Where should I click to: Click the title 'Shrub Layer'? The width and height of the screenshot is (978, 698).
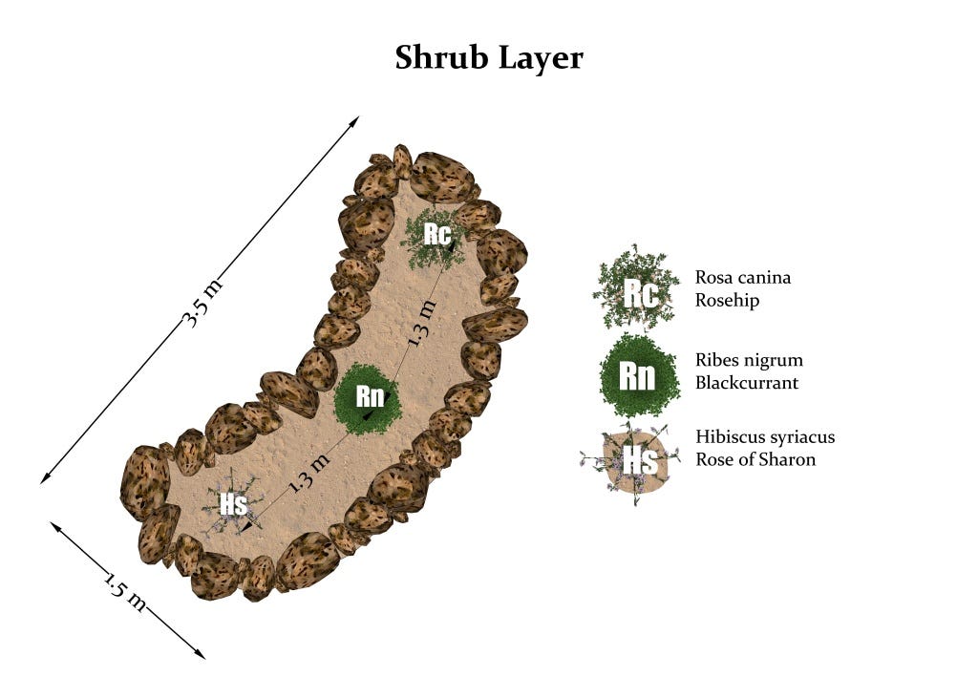click(489, 58)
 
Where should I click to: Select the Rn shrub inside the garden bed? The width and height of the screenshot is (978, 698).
click(369, 396)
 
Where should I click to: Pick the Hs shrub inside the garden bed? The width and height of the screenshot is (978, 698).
click(233, 504)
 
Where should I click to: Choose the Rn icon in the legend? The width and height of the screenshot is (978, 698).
click(637, 375)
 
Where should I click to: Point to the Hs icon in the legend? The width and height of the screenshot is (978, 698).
click(638, 461)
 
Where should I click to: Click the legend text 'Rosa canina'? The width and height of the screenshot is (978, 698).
click(743, 278)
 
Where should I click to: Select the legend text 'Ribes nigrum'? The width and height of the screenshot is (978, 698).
click(749, 361)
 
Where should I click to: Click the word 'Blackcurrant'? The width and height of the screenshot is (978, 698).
click(747, 383)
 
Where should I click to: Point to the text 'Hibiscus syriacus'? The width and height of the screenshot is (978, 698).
click(765, 437)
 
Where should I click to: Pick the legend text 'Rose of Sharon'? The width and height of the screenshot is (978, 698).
click(755, 459)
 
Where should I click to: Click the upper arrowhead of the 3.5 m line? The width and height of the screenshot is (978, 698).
click(356, 119)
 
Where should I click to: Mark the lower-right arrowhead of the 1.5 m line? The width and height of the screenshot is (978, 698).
click(202, 655)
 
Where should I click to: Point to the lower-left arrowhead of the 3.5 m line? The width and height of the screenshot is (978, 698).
click(44, 480)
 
